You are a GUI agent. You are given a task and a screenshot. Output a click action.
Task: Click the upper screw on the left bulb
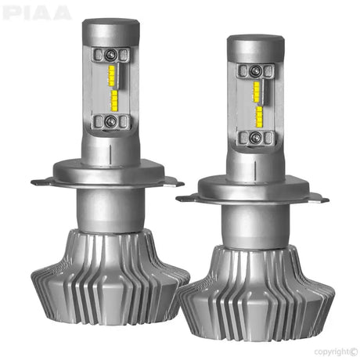click(x=111, y=54)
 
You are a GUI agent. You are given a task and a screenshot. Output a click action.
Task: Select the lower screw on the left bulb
click(x=111, y=121)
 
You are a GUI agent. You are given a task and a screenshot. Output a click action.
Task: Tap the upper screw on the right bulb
click(x=252, y=70)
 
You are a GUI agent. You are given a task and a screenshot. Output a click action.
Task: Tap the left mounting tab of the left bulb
click(x=43, y=182)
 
